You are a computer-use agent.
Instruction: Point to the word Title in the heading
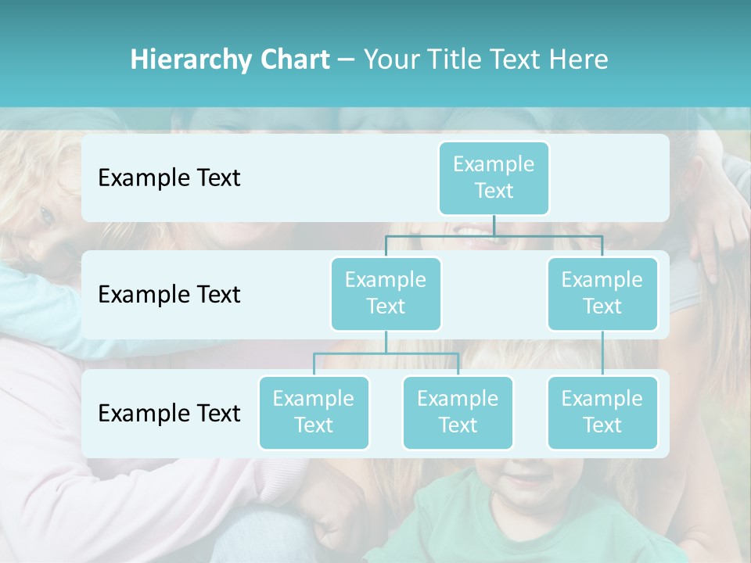click(x=458, y=60)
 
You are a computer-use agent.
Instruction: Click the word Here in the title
click(x=578, y=60)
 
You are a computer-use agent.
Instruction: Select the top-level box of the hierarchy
click(x=494, y=178)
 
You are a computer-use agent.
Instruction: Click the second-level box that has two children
click(x=386, y=293)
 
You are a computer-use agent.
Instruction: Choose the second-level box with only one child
click(x=602, y=293)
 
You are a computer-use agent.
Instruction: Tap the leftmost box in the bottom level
click(x=314, y=412)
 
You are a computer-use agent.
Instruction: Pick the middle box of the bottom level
click(x=458, y=412)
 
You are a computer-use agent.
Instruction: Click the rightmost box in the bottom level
click(x=602, y=412)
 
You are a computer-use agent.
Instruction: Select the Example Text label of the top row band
click(x=169, y=178)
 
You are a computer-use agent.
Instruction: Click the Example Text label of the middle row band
click(x=169, y=295)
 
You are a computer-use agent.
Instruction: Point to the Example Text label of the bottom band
click(x=169, y=413)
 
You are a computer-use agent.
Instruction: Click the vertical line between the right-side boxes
click(x=602, y=353)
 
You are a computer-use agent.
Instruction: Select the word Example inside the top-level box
click(x=494, y=164)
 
